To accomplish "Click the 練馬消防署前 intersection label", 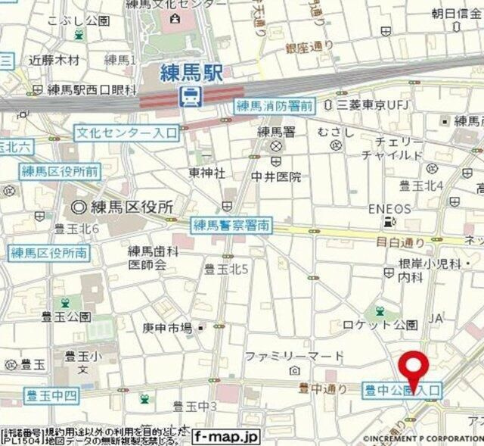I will coord(274,106).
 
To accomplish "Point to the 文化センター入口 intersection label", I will coord(126,133).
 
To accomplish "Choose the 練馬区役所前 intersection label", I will coord(60,171).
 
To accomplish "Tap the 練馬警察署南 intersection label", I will coord(231,224).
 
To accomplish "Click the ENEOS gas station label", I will coord(390,208).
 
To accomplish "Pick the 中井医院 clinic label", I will coord(276,177).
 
